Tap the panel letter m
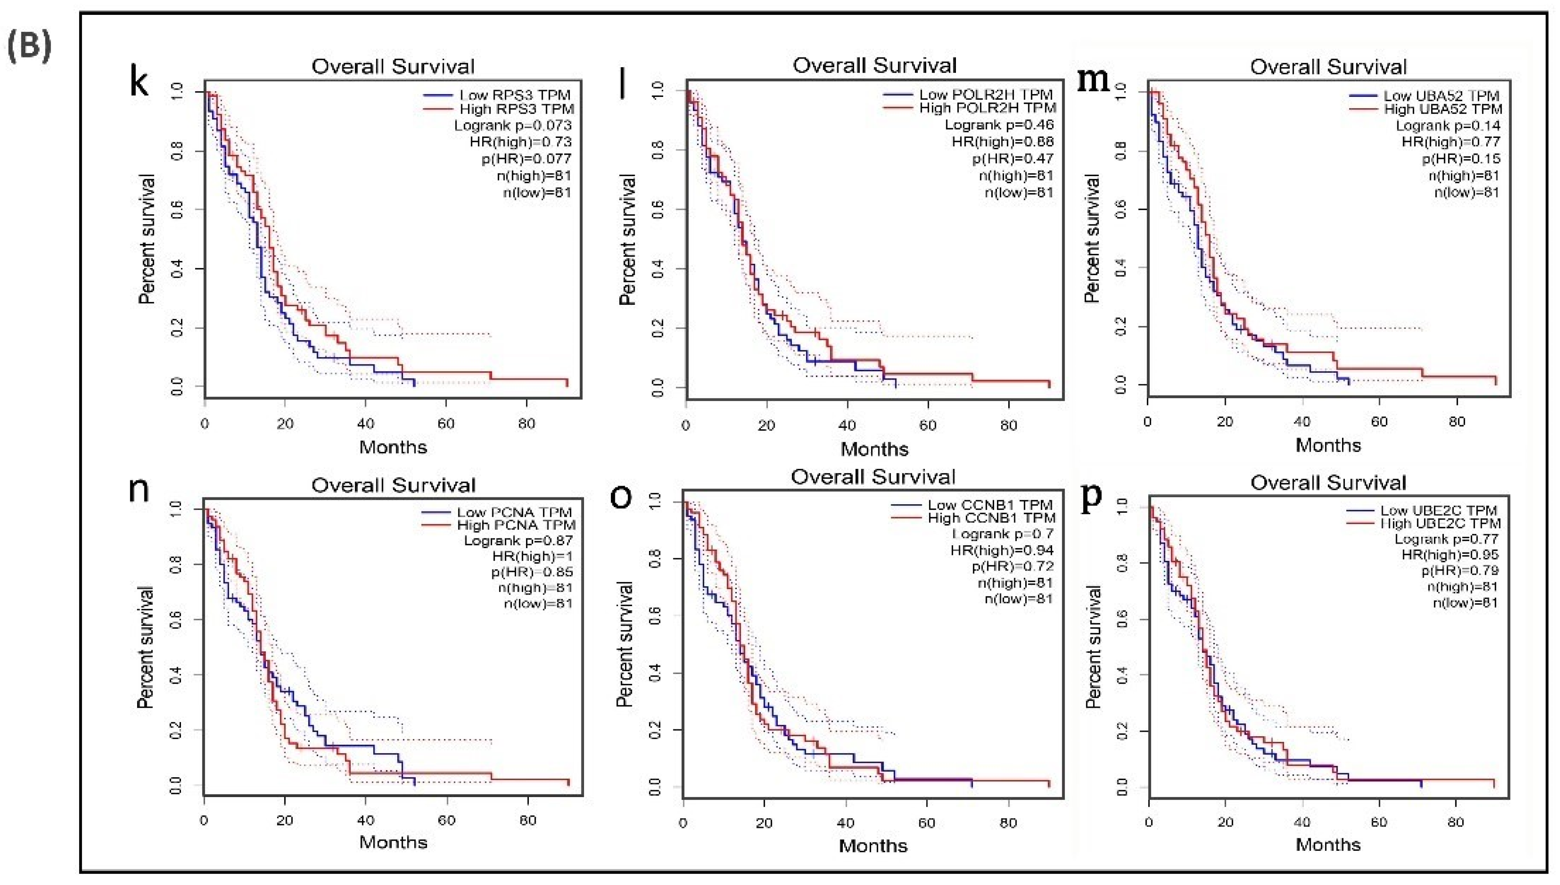[1093, 79]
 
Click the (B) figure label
[29, 46]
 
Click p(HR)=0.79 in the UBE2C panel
[1460, 571]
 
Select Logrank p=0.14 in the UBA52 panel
[1447, 126]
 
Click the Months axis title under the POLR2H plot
[874, 449]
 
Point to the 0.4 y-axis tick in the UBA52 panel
[1122, 268]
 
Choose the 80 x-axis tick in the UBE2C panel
[1455, 822]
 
